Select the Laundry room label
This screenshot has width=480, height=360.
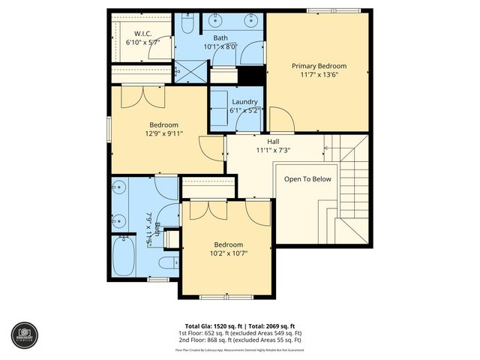[x=244, y=102]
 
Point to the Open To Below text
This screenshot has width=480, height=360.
[x=307, y=179]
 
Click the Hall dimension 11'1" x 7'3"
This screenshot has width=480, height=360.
[x=273, y=150]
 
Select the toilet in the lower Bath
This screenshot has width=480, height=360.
[x=169, y=261]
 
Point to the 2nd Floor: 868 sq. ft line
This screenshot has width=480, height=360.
[x=240, y=340]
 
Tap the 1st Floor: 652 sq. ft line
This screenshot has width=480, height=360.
[x=240, y=334]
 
